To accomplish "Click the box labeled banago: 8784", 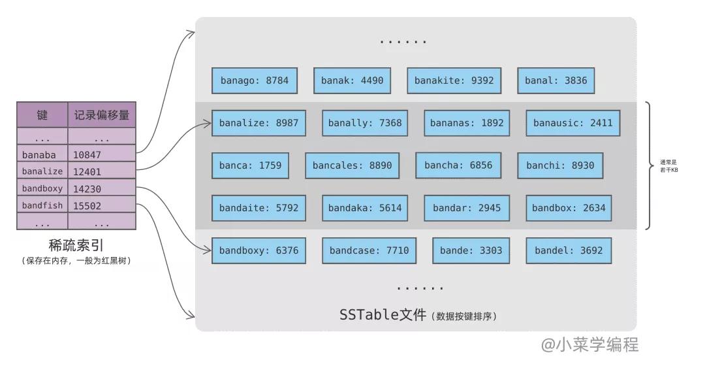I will tap(254, 80).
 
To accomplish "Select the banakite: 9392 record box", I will tap(454, 80).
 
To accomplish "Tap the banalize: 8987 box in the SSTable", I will tap(259, 123).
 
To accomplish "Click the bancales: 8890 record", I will tap(352, 165).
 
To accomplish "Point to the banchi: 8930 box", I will tap(560, 165).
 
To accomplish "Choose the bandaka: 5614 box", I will tap(366, 208).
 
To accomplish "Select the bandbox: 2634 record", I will tap(569, 208).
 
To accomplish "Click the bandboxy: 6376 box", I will tap(259, 250).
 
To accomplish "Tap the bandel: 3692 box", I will tap(569, 250).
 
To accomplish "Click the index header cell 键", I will tap(42, 115).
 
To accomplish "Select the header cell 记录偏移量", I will tap(102, 115).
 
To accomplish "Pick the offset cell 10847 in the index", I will tap(87, 155).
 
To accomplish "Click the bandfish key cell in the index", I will tap(42, 205).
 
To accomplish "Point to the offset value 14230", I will tap(87, 189).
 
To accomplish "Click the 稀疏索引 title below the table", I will tap(76, 246).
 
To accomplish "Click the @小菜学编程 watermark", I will tap(590, 345).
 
